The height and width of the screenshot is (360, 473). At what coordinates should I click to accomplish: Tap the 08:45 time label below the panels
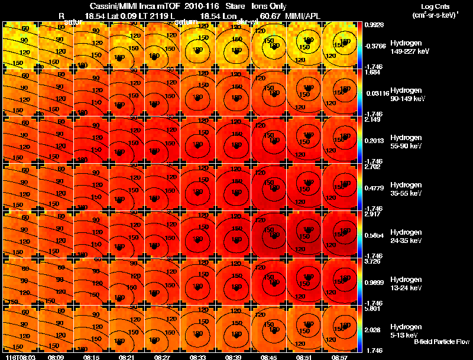268,357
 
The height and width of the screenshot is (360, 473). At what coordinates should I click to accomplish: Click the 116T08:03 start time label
18,357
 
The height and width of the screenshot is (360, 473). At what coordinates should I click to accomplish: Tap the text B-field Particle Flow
441,342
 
